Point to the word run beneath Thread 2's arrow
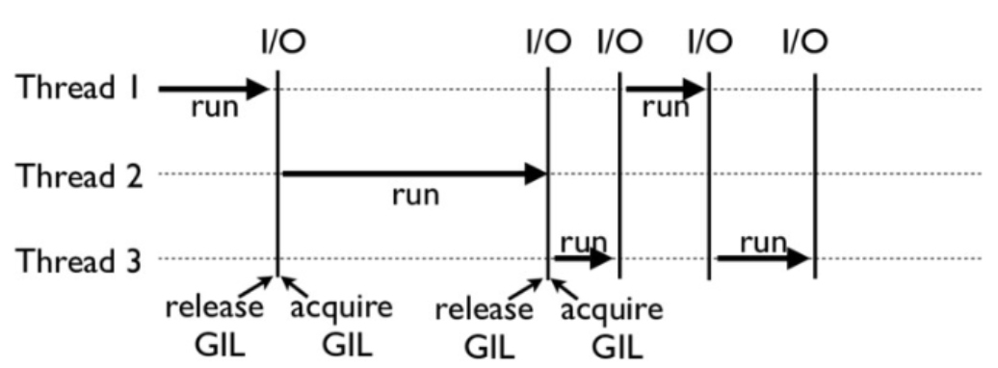click(415, 197)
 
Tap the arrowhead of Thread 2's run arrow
click(537, 175)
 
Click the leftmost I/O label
click(277, 42)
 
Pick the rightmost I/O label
click(803, 42)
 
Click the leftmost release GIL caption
click(215, 327)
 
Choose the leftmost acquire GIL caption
click(342, 327)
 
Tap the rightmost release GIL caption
click(483, 327)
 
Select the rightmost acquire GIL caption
click(612, 327)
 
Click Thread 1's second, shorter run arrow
click(665, 90)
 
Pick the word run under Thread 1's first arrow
click(214, 107)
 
